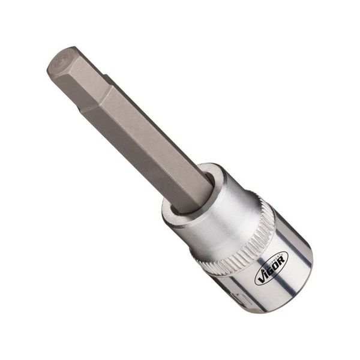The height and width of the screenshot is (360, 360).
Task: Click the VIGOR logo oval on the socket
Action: click(x=271, y=267)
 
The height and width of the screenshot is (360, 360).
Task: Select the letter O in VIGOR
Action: click(x=277, y=263)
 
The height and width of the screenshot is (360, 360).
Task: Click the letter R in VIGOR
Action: click(x=281, y=258)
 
